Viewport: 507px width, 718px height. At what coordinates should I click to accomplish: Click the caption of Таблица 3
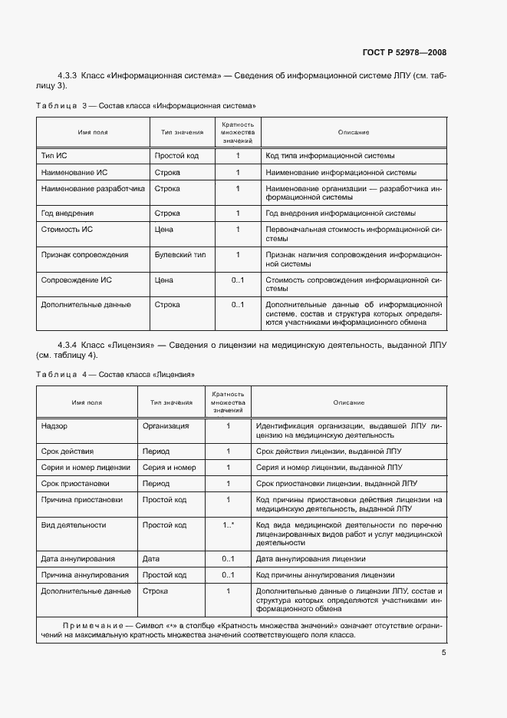[x=146, y=105]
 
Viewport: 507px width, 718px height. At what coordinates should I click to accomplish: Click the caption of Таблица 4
[x=115, y=374]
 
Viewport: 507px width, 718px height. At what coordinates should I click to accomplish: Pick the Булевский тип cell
[x=180, y=254]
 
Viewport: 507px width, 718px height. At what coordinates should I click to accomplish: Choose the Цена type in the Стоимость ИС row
[x=163, y=230]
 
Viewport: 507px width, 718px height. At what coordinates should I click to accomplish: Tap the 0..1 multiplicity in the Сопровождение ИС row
[x=237, y=280]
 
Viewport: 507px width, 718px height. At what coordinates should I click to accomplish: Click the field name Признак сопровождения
[x=84, y=254]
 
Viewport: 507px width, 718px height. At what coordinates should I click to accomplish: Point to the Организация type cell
[x=166, y=425]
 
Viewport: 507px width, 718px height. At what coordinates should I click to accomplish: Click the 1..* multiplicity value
[x=228, y=525]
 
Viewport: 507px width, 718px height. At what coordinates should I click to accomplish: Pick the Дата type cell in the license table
[x=151, y=558]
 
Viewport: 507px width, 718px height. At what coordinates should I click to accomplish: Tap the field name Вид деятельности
[x=74, y=525]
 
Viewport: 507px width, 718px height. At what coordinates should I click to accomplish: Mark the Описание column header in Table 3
[x=353, y=132]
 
